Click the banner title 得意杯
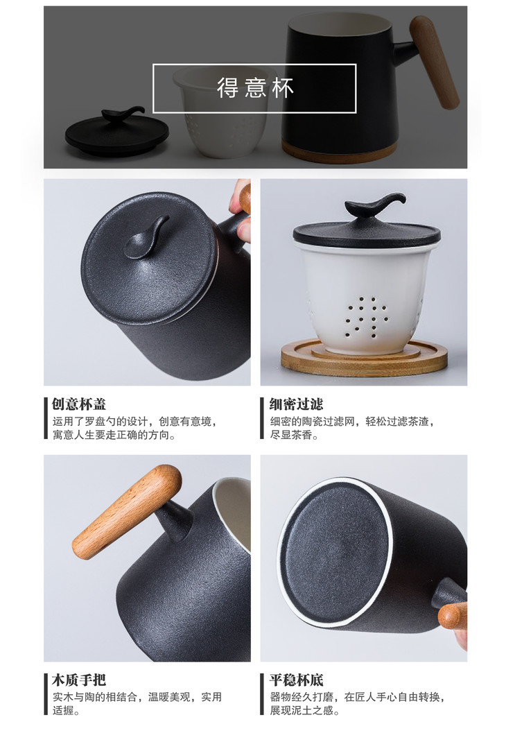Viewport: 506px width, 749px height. click(x=255, y=88)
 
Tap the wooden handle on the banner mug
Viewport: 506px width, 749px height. click(x=434, y=62)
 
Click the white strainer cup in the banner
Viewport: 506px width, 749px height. click(x=225, y=112)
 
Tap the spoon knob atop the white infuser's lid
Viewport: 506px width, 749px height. click(x=375, y=205)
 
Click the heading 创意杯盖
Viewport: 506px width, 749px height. click(x=79, y=404)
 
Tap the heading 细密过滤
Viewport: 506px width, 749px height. click(x=296, y=404)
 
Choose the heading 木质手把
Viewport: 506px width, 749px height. click(x=79, y=680)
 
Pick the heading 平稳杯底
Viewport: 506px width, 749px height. click(x=296, y=680)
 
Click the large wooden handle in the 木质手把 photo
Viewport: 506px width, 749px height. click(x=127, y=512)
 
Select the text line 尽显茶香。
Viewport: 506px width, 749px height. click(x=294, y=435)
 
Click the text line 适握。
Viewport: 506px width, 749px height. click(x=66, y=711)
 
